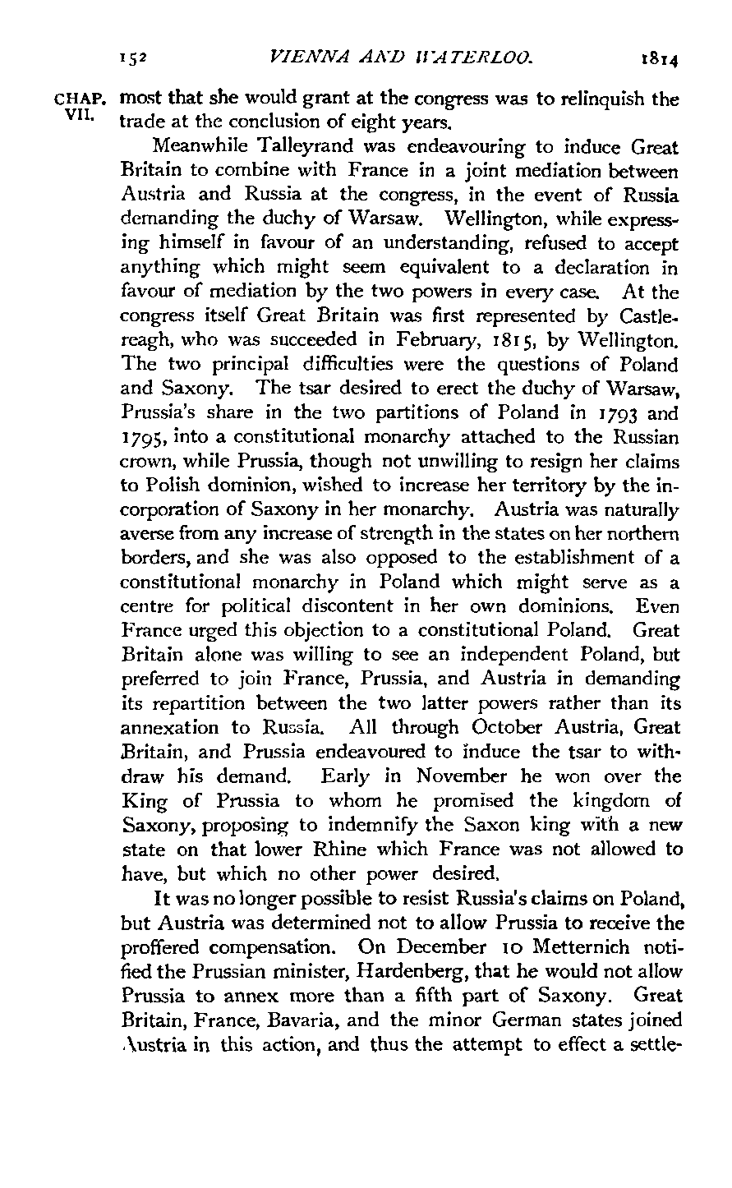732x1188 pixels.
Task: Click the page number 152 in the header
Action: [x=132, y=58]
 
